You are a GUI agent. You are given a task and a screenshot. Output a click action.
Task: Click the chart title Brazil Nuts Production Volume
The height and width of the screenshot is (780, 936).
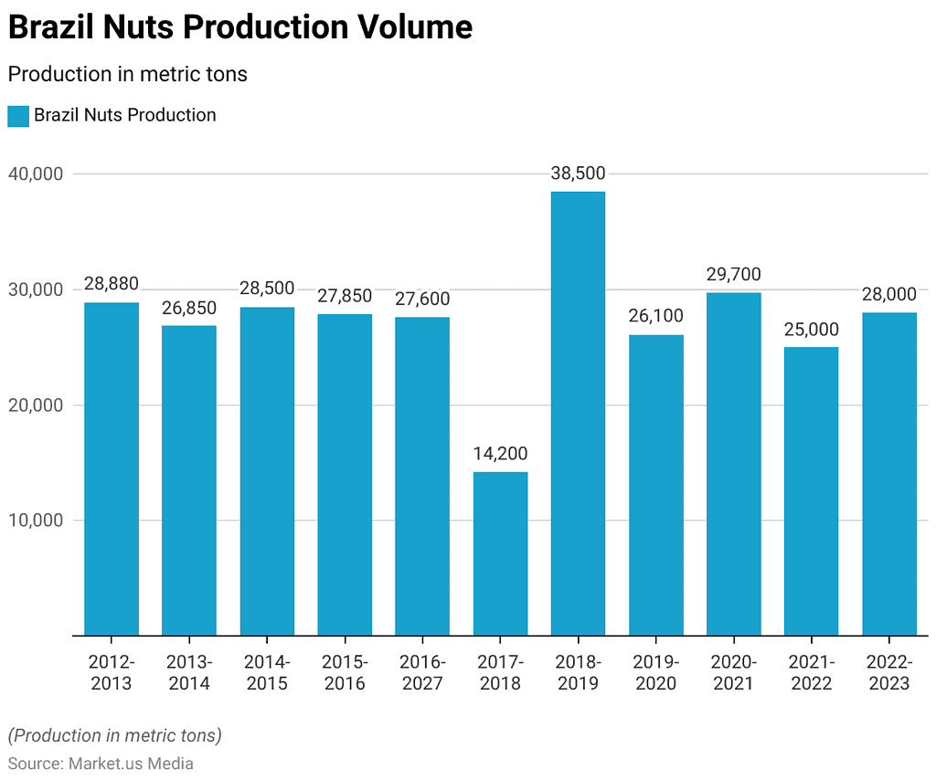coord(240,28)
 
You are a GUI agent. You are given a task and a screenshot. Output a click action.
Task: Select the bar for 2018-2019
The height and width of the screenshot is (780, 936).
coord(578,413)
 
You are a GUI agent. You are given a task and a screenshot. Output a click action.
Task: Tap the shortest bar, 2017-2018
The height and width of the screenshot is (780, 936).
coord(500,553)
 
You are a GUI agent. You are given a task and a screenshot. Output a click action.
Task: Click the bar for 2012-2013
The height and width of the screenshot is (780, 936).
coord(112,469)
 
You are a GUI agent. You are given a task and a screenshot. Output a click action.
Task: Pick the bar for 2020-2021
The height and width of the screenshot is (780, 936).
coord(733,464)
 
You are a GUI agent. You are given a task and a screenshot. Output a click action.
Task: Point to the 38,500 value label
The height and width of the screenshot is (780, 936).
coord(578,174)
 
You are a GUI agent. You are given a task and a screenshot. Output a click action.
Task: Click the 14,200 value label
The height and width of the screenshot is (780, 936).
coord(500,453)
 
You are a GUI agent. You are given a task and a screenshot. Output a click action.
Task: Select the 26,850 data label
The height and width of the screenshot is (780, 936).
coord(189,308)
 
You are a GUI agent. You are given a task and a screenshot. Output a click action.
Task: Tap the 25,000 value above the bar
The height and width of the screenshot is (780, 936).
coord(811,329)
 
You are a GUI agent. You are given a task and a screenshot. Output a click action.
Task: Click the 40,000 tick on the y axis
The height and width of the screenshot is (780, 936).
coord(35,174)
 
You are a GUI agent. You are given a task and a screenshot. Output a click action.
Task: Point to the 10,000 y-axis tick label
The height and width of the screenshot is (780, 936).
coord(35,521)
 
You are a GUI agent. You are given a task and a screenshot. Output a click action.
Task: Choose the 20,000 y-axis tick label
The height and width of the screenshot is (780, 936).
coord(35,406)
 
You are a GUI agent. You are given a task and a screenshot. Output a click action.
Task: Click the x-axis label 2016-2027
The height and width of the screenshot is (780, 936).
coord(422,672)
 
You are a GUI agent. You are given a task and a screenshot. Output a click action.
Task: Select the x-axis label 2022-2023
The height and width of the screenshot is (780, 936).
coord(888,672)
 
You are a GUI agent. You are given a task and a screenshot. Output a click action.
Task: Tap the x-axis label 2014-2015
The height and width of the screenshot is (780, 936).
coord(267,672)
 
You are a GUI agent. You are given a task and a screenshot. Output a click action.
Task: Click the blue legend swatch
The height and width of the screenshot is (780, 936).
coord(18,116)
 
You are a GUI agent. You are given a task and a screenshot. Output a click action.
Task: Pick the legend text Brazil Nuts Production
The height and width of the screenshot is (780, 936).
coord(125,116)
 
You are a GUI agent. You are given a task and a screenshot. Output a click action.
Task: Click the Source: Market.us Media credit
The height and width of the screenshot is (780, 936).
coord(101,764)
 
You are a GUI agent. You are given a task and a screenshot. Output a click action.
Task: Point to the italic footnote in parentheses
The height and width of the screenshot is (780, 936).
coord(114,735)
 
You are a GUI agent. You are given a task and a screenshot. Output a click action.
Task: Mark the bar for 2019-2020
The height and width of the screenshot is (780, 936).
coord(655,485)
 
